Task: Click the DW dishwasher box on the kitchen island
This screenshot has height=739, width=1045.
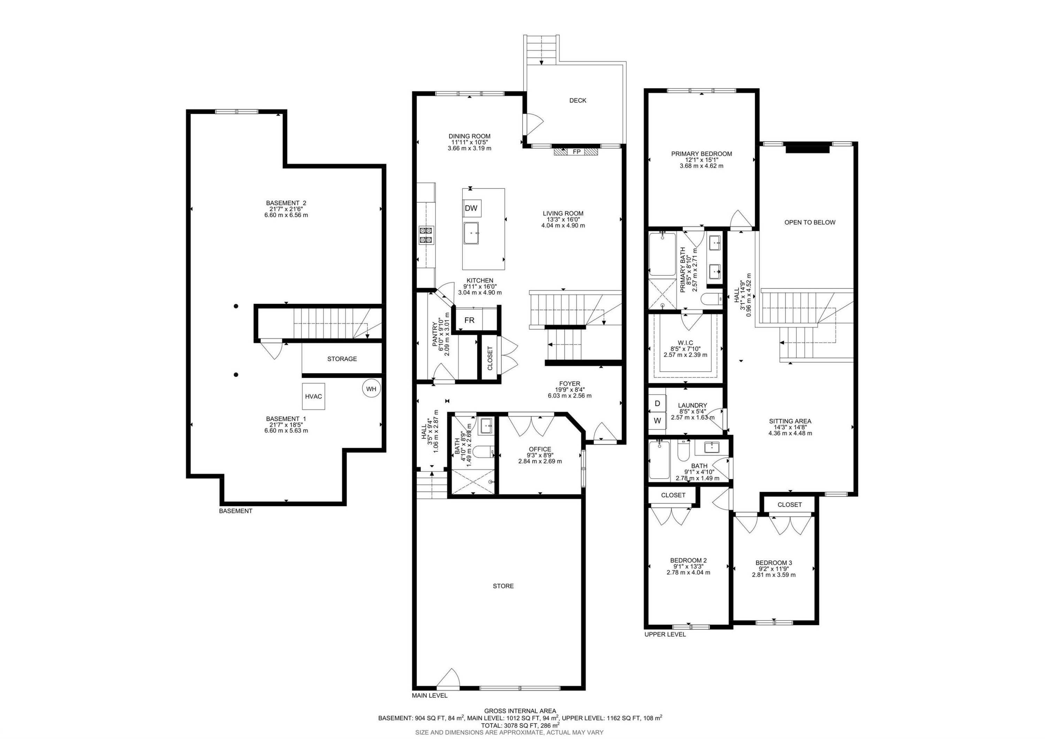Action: tap(472, 208)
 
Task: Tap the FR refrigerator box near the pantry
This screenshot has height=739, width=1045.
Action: tap(469, 320)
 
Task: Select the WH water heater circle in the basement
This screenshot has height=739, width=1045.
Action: tap(371, 389)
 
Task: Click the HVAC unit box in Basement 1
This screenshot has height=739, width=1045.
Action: tap(313, 397)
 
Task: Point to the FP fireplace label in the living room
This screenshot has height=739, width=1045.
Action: tap(576, 152)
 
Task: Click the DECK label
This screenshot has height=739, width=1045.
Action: tap(578, 100)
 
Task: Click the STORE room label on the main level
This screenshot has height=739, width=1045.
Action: tap(503, 586)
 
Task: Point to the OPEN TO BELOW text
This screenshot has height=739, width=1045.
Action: tap(810, 223)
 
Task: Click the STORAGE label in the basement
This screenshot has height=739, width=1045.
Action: tap(342, 359)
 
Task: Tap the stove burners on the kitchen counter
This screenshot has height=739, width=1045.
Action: tap(426, 235)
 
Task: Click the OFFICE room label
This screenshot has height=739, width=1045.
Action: tap(540, 449)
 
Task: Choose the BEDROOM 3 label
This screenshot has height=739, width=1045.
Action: tap(773, 563)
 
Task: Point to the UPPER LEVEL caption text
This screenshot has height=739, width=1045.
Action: tap(665, 634)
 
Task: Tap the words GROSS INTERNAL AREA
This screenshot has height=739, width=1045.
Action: tap(520, 711)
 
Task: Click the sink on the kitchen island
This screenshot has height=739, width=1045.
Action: tap(471, 233)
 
